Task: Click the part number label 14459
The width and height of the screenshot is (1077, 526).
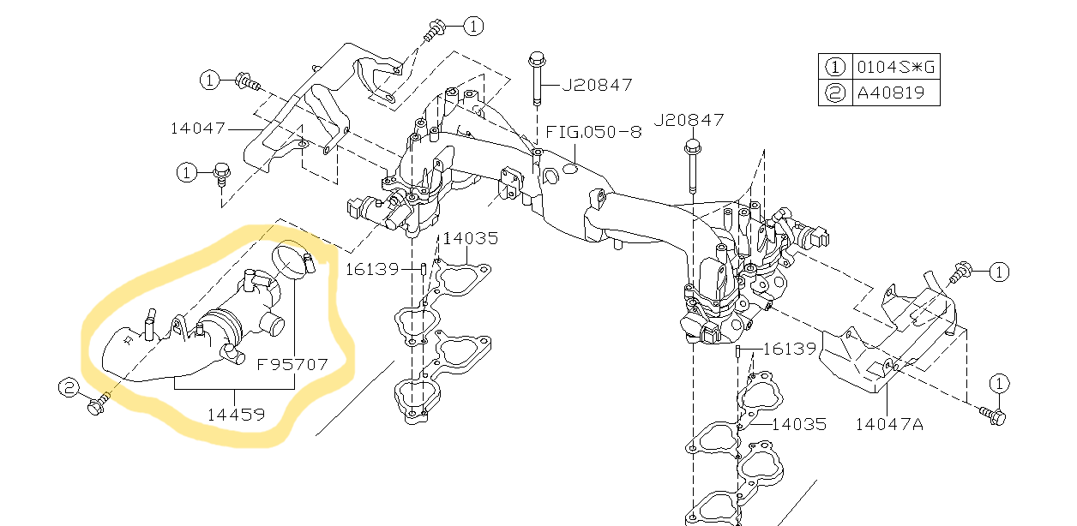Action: pos(236,414)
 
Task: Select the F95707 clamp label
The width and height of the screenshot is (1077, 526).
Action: pos(292,365)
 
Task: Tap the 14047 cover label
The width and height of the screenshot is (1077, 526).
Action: pos(198,129)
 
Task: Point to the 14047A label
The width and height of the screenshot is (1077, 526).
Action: pos(889,424)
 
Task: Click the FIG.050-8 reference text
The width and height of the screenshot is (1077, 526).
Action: pos(593,132)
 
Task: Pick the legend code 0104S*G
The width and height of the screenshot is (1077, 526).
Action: pos(896,66)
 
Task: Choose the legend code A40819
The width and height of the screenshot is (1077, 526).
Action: pos(891,93)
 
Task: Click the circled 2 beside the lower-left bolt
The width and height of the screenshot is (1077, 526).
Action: pos(69,388)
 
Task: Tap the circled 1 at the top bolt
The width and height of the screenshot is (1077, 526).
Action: pos(473,26)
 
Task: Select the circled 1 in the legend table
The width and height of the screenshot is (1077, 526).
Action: pos(835,67)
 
